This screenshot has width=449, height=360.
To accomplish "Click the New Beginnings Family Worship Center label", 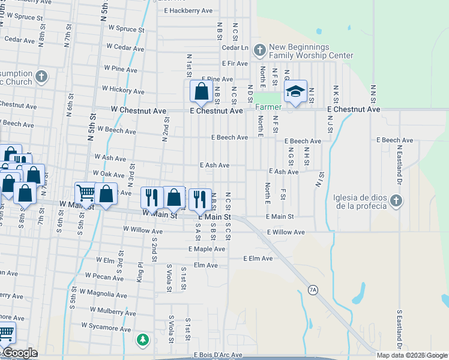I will tap(311, 51).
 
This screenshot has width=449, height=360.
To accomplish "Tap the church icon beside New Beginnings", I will tap(260, 49).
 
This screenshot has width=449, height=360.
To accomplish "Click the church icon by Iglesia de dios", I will tap(395, 200).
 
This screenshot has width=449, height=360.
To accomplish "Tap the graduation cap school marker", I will tap(295, 92).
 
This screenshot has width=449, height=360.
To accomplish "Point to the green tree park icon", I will tap(142, 340).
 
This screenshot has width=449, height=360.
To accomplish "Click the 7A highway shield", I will tap(312, 290).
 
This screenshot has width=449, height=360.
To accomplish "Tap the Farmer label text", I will tap(268, 107).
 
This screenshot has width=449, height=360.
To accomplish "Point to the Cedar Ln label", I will tap(235, 47).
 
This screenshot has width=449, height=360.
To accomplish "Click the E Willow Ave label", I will tap(286, 232).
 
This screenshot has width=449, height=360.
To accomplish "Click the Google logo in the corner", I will tap(20, 353).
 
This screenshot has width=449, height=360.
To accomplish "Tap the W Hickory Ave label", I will tap(123, 90).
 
